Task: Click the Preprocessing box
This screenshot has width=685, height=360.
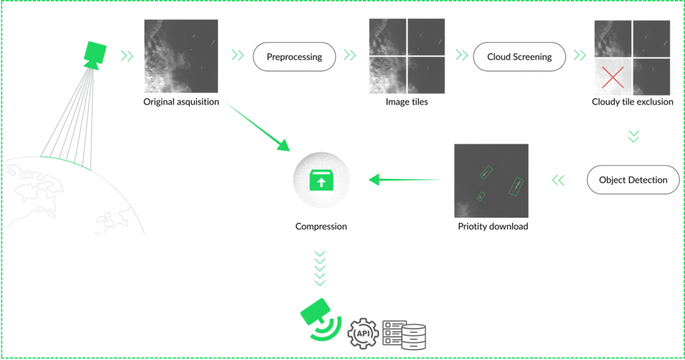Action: (294, 57)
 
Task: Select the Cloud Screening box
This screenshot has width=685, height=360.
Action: (519, 57)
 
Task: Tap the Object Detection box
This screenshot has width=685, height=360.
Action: (633, 180)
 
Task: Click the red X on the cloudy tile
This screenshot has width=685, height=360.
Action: (613, 77)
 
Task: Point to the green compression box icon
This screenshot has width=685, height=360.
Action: (321, 180)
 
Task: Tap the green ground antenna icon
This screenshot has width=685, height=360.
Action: (320, 320)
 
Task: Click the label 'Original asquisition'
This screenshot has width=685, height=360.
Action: (181, 102)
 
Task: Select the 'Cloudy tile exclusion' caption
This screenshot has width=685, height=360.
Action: (632, 102)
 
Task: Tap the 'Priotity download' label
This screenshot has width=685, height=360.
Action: (493, 226)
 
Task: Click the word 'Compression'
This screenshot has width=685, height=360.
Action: (321, 226)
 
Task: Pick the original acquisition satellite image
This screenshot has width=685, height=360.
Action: (181, 56)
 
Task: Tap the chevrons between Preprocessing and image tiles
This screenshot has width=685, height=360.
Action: (349, 56)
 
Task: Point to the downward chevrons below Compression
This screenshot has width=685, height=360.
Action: (320, 268)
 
